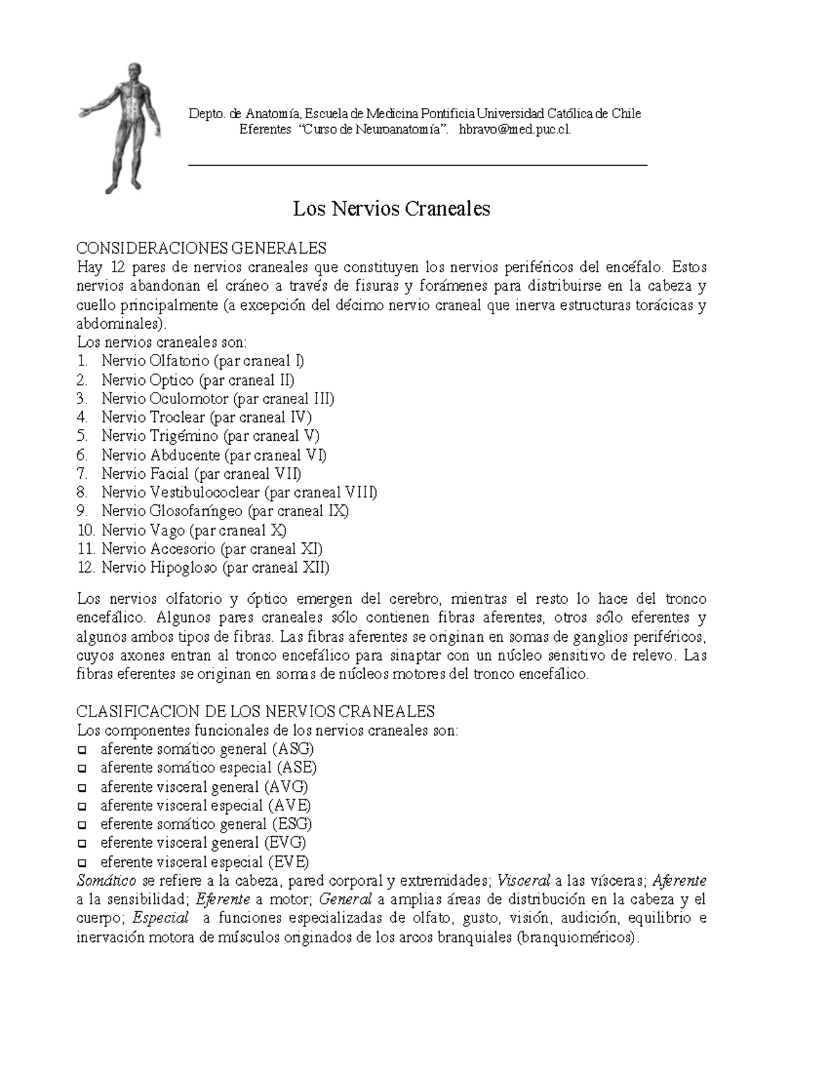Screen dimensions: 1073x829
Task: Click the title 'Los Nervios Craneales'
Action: tap(391, 209)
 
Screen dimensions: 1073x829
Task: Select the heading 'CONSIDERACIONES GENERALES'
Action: tap(202, 248)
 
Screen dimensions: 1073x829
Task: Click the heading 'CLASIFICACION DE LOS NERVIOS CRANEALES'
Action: tap(256, 712)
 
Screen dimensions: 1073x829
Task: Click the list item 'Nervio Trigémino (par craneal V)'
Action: tap(210, 436)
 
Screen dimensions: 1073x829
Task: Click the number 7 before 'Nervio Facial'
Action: tap(82, 474)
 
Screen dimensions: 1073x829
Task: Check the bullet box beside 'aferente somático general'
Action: tap(82, 750)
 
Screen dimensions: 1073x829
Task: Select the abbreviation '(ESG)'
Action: tap(292, 824)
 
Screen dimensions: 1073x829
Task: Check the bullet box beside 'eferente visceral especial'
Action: tap(82, 862)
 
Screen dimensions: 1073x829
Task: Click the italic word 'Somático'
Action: tap(106, 881)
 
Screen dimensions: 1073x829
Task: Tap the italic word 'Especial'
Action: tap(160, 919)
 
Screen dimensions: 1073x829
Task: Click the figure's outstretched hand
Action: tap(84, 111)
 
